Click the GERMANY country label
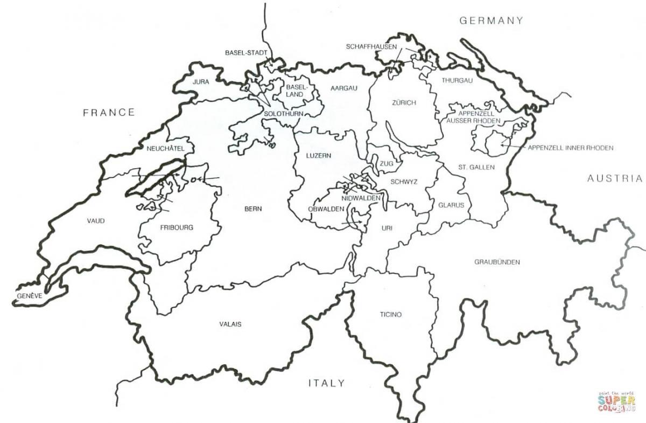[490, 20]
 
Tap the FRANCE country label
[108, 112]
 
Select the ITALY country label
[326, 383]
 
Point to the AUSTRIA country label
[615, 178]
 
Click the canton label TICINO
[390, 314]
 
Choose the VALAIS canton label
[230, 324]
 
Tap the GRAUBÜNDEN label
[496, 262]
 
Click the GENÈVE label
[29, 296]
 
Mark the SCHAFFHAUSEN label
[371, 47]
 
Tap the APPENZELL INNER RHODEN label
[570, 148]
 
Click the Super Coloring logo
[616, 401]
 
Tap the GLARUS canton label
[451, 205]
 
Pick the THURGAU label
[457, 80]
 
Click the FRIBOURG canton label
[176, 227]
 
